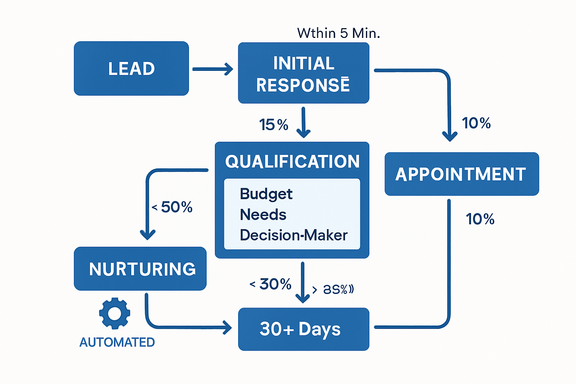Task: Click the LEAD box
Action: [x=131, y=69]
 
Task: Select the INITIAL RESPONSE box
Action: [x=303, y=73]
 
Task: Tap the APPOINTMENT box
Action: [x=461, y=174]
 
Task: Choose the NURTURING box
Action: [x=140, y=269]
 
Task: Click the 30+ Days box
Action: [x=303, y=329]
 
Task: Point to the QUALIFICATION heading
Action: [x=292, y=162]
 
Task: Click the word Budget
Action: [x=266, y=194]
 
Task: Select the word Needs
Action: [x=263, y=215]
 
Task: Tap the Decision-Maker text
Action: [x=294, y=235]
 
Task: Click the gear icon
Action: [x=115, y=313]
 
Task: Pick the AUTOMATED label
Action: [x=117, y=342]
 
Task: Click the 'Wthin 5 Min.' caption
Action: [x=338, y=33]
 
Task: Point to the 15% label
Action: [x=273, y=124]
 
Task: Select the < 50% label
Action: [x=172, y=207]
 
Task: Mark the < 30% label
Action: [x=271, y=284]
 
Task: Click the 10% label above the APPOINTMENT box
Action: [x=476, y=123]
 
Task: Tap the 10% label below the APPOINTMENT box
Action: [x=480, y=219]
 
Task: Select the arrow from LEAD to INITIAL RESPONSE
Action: [x=213, y=69]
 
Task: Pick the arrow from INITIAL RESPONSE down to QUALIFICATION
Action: [x=303, y=122]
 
